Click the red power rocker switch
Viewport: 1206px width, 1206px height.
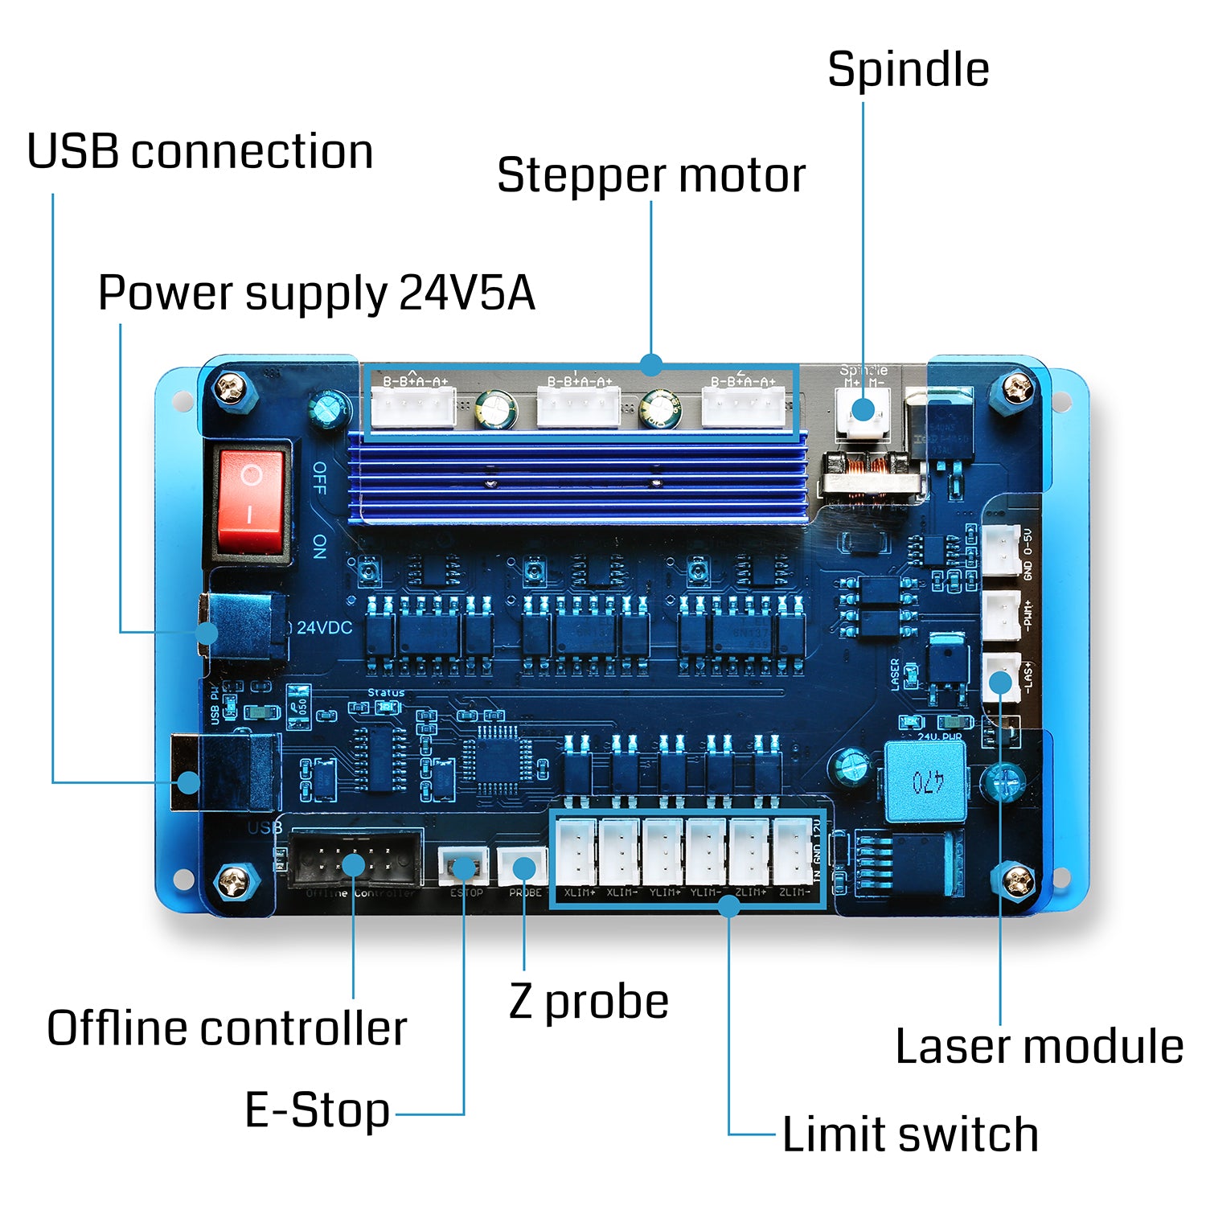click(x=251, y=500)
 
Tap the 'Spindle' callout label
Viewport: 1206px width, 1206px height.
click(x=908, y=69)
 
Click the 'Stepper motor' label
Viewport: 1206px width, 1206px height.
click(x=650, y=175)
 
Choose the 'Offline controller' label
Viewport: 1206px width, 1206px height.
click(x=227, y=1028)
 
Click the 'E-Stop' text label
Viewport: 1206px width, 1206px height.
click(x=317, y=1110)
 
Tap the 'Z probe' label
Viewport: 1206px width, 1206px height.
click(x=589, y=1002)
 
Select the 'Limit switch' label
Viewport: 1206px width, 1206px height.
click(x=909, y=1134)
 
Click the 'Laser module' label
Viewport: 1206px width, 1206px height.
click(x=1039, y=1047)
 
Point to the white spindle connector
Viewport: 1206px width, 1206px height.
click(x=862, y=409)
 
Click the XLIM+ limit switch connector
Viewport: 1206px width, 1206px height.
click(x=576, y=852)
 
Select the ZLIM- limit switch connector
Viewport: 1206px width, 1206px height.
click(x=793, y=852)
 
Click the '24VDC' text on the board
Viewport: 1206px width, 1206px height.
click(x=324, y=628)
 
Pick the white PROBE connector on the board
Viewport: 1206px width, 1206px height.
click(x=522, y=868)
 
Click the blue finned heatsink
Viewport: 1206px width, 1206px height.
click(x=577, y=479)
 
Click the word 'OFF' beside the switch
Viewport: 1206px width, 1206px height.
click(x=319, y=478)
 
